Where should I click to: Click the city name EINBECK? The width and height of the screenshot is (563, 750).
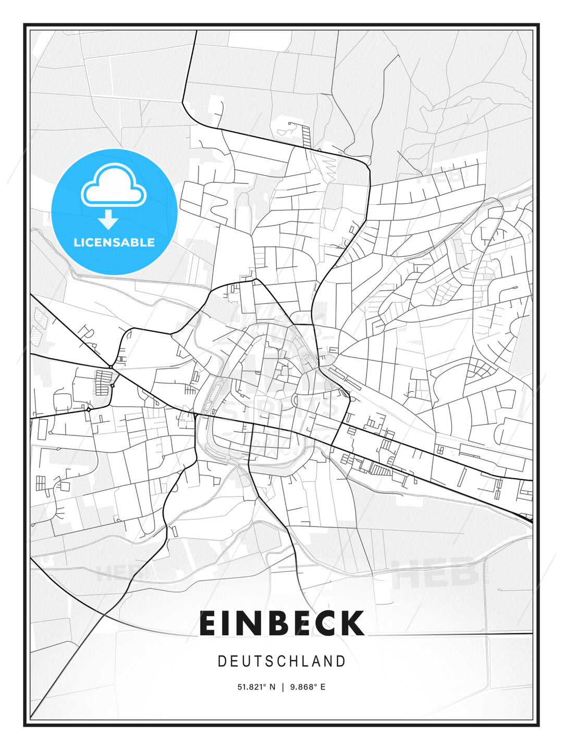(x=281, y=623)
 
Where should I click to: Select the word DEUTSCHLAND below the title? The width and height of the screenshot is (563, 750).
(x=281, y=661)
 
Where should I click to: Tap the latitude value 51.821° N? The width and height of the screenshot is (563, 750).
(x=256, y=687)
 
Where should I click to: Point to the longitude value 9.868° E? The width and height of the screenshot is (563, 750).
(x=308, y=687)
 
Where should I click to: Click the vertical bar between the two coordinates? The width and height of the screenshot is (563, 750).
(x=282, y=687)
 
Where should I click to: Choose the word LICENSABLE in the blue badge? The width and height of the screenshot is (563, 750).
(x=114, y=242)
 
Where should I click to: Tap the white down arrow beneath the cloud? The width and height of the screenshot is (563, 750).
(x=108, y=220)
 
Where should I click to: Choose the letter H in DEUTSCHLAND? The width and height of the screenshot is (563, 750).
(x=295, y=661)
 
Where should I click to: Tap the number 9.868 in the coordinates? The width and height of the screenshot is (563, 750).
(x=301, y=687)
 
